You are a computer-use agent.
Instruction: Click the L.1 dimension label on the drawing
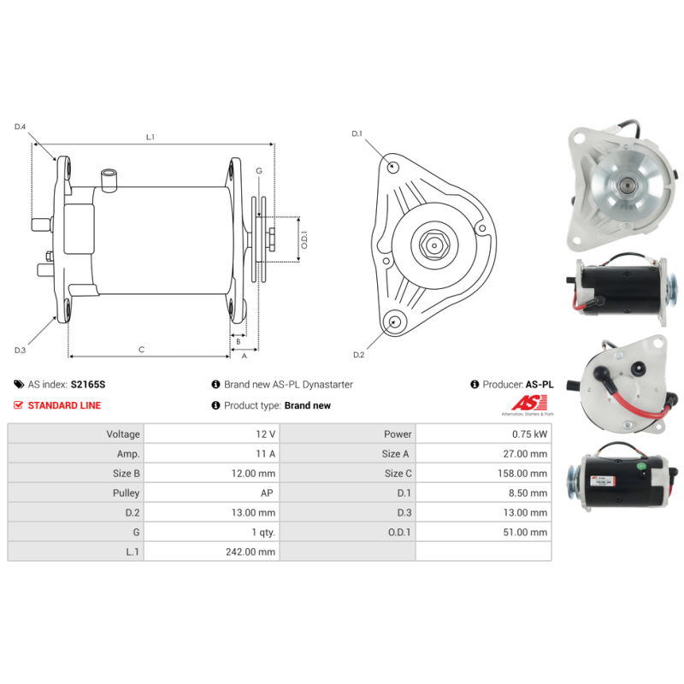[x=150, y=137]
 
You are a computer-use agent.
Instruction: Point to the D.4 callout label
[x=21, y=127]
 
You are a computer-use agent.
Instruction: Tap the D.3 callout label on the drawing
[x=21, y=350]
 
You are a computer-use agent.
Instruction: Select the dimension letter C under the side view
[x=141, y=349]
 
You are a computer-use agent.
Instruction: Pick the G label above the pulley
[x=259, y=171]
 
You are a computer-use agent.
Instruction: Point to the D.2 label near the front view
[x=358, y=355]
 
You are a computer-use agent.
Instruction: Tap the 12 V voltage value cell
[x=266, y=433]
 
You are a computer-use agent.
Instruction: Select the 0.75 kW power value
[x=529, y=433]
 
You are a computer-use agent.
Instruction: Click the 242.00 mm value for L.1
[x=252, y=551]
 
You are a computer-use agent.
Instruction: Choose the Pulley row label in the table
[x=126, y=492]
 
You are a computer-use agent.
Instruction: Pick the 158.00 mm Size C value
[x=524, y=473]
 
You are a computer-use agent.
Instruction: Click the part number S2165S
[x=87, y=385]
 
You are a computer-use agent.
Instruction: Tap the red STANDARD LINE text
[x=64, y=405]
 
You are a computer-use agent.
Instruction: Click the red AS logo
[x=522, y=403]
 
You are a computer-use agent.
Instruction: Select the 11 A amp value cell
[x=266, y=453]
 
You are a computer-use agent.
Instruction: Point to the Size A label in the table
[x=396, y=453]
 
